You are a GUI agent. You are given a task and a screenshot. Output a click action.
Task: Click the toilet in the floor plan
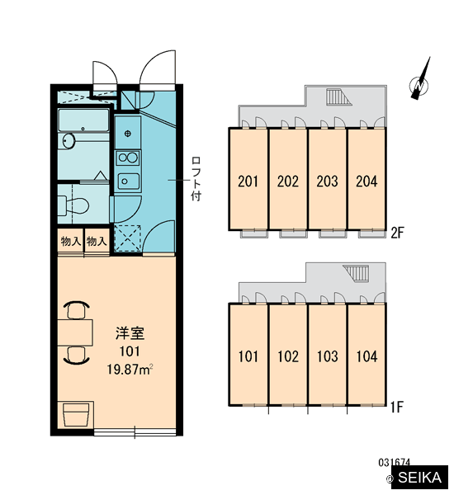(x=73, y=205)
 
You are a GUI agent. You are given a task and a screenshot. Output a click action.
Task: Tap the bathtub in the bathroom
(x=83, y=120)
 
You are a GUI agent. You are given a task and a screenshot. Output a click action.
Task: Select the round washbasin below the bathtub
(x=69, y=140)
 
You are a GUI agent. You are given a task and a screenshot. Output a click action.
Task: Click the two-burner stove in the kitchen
(x=128, y=158)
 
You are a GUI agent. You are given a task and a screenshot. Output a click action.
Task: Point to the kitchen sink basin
(x=128, y=181)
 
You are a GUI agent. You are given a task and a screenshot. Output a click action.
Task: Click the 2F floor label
(x=397, y=233)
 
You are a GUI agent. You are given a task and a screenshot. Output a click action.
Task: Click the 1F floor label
(x=397, y=408)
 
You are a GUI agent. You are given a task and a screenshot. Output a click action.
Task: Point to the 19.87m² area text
(x=130, y=369)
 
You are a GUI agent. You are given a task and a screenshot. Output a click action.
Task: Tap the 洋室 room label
(x=130, y=333)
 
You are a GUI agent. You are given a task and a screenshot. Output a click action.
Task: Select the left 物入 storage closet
(x=70, y=241)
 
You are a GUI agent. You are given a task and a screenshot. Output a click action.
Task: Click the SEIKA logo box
(x=419, y=477)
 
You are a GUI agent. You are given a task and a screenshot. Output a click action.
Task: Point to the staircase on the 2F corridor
(x=338, y=97)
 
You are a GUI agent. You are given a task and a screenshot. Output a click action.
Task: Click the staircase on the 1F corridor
(x=357, y=273)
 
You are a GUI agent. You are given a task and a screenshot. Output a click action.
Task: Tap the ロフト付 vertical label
(x=196, y=179)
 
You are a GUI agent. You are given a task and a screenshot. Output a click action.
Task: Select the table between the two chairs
(x=75, y=332)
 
